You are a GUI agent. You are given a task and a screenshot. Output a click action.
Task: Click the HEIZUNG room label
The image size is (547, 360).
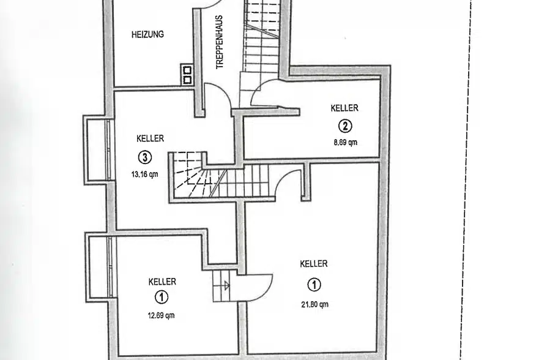pos(147,35)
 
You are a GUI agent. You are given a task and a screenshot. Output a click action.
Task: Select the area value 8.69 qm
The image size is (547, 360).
pos(344,142)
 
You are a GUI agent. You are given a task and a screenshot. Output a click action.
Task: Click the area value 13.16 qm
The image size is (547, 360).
pos(144,173)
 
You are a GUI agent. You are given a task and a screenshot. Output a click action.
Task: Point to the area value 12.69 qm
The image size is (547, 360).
pos(162,316)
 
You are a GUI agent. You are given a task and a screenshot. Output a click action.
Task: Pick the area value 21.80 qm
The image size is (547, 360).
pos(314,304)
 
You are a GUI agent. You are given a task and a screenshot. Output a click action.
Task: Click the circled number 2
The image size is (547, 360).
pos(345,126)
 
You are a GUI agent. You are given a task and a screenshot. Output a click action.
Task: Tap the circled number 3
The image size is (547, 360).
pos(144,157)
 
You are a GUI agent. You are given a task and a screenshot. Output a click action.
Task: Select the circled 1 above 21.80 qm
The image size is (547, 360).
pos(314,285)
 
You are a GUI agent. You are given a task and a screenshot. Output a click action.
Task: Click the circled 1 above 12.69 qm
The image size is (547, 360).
pos(162,298)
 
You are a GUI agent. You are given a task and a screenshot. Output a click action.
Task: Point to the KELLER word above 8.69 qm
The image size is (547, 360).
pos(344,108)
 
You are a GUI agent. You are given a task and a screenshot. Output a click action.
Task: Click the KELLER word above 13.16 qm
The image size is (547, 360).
pos(150,139)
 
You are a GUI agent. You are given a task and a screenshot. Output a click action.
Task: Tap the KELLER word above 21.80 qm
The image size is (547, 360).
pos(314,264)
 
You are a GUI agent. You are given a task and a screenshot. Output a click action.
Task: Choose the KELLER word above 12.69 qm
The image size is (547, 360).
pos(162,282)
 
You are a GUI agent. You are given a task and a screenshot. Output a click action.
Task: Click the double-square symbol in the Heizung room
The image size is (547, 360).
pos(187,75)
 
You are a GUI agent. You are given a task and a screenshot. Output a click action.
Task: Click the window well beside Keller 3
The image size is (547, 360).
pos(96,149)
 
